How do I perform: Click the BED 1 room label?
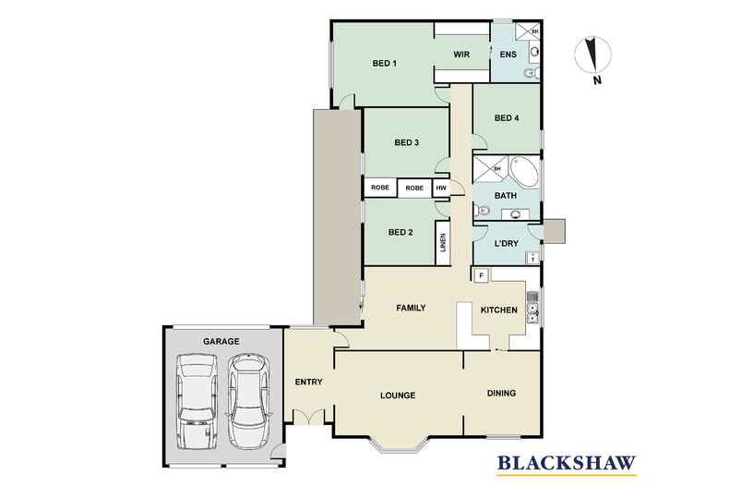[x=384, y=64]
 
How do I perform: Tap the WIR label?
[x=462, y=55]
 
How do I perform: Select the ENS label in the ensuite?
[x=508, y=55]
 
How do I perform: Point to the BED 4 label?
[x=507, y=117]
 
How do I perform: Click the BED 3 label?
[x=407, y=142]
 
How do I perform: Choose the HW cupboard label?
[x=441, y=188]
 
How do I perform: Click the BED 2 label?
[x=400, y=232]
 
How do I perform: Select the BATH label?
[x=505, y=196]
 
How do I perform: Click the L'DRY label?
[x=506, y=244]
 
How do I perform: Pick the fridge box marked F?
[x=481, y=274]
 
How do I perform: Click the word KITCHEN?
[x=498, y=311]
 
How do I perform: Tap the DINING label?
[x=501, y=393]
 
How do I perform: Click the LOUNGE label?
[x=398, y=396]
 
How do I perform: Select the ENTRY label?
[x=307, y=382]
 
